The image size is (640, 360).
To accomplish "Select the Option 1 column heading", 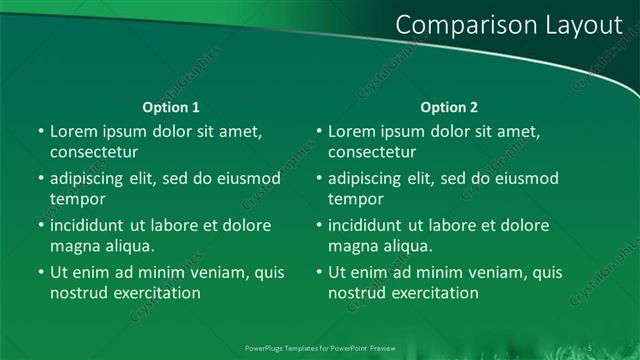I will click(172, 107).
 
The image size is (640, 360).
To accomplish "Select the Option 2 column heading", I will click(450, 107).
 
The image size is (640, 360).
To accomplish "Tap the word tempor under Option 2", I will click(354, 199).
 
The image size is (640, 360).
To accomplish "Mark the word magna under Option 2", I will click(352, 246).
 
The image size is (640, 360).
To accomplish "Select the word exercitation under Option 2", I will click(435, 293).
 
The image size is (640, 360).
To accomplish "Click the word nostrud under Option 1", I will click(78, 293).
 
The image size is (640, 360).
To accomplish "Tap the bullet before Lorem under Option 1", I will click(39, 132).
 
